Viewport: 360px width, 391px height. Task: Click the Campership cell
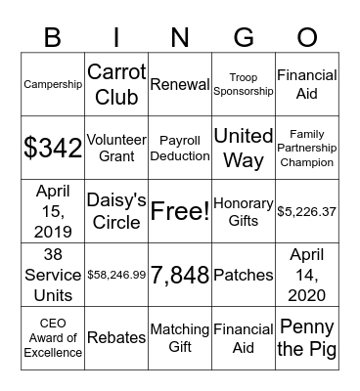click(53, 84)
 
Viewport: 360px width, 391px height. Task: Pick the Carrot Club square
click(116, 84)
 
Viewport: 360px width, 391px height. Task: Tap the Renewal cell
click(179, 84)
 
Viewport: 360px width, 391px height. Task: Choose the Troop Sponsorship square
click(243, 84)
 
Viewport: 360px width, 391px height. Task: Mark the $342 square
click(53, 148)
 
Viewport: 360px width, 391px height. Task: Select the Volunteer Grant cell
click(116, 148)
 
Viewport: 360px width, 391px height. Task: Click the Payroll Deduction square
click(179, 148)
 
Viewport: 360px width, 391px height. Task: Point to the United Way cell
click(243, 148)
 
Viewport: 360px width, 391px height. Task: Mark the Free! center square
click(179, 211)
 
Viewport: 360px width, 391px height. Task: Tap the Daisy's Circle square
click(116, 211)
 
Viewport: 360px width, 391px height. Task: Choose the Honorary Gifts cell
click(243, 211)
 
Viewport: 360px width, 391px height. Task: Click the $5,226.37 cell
click(306, 211)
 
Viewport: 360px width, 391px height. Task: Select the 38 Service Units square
click(53, 275)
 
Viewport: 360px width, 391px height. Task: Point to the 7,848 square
click(179, 275)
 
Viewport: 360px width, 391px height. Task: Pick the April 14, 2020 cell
click(306, 275)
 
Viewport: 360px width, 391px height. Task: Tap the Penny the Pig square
click(306, 337)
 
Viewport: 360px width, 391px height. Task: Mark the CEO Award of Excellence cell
click(53, 337)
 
